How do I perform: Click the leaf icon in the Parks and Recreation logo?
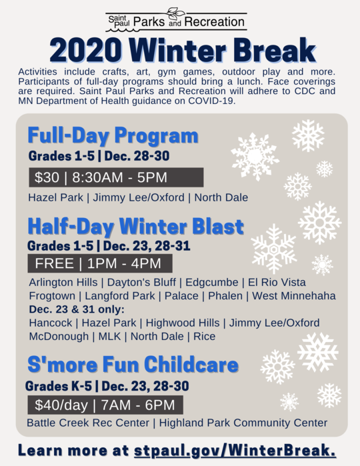(175, 13)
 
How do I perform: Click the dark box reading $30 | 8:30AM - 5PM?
(115, 177)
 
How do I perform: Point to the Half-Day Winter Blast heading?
(135, 227)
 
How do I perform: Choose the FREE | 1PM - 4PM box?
(99, 263)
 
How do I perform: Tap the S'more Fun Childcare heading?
(133, 365)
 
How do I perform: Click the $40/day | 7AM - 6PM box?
(104, 405)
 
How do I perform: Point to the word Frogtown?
(51, 295)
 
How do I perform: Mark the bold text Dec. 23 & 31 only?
(77, 309)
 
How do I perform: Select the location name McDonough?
(57, 337)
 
